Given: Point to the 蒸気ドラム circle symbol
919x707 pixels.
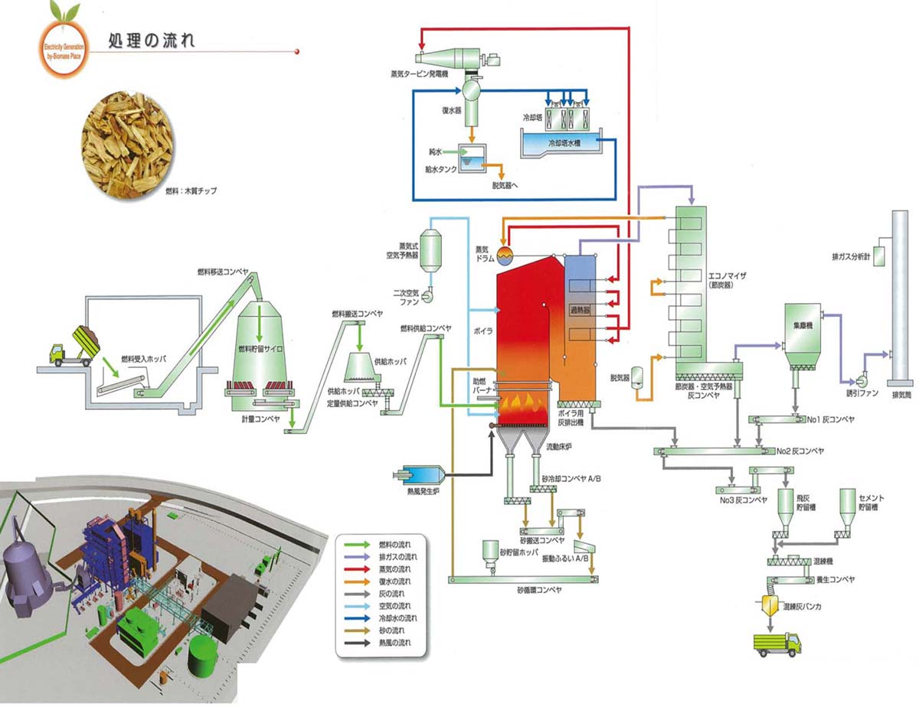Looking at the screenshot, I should coord(505,254).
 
